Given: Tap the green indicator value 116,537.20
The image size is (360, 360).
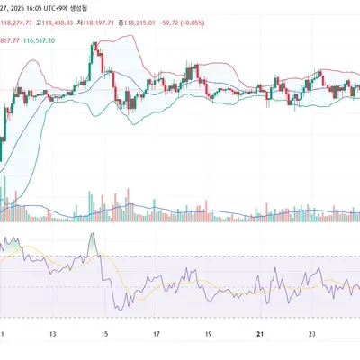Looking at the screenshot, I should click(39, 40).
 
